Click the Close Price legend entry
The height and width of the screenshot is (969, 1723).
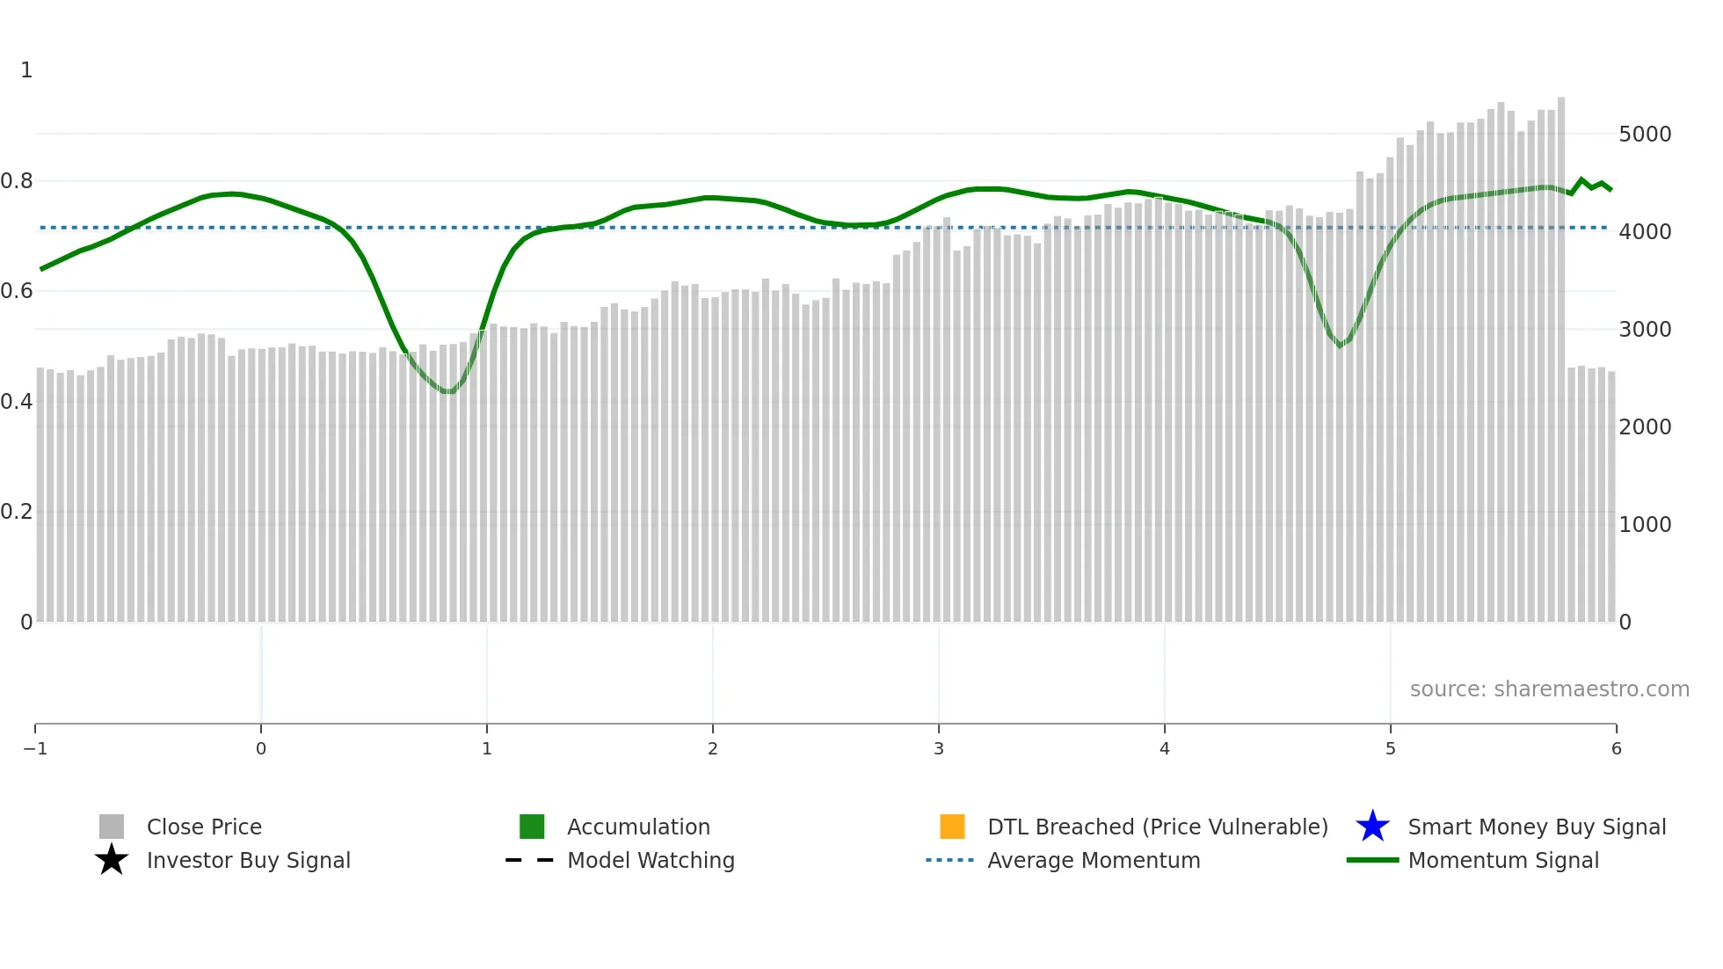203,827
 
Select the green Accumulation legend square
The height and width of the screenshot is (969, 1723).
532,827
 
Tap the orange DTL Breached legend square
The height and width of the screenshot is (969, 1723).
952,827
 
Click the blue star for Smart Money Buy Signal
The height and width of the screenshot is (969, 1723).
1372,827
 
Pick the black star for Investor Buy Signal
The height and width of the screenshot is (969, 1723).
112,860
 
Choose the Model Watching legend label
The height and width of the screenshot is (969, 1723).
651,860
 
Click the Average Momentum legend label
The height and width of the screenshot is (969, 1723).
1094,860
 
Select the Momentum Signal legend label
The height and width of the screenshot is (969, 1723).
1503,860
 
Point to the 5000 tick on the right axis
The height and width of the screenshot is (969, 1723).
1645,135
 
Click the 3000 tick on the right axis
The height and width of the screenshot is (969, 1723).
1645,330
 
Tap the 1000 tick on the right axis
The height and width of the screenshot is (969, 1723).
1645,525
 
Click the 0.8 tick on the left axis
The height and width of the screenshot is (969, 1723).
17,181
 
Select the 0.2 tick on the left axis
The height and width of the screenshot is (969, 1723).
17,512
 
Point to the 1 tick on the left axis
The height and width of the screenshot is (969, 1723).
26,70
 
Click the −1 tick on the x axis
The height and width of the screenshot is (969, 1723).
35,749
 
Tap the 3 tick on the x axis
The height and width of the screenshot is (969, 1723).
939,749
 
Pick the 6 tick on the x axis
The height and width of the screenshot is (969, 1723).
1616,749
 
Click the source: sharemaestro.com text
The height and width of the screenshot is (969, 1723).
1549,689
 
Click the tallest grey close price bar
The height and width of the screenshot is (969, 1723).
1561,352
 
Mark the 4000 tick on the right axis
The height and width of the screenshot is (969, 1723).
1645,232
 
